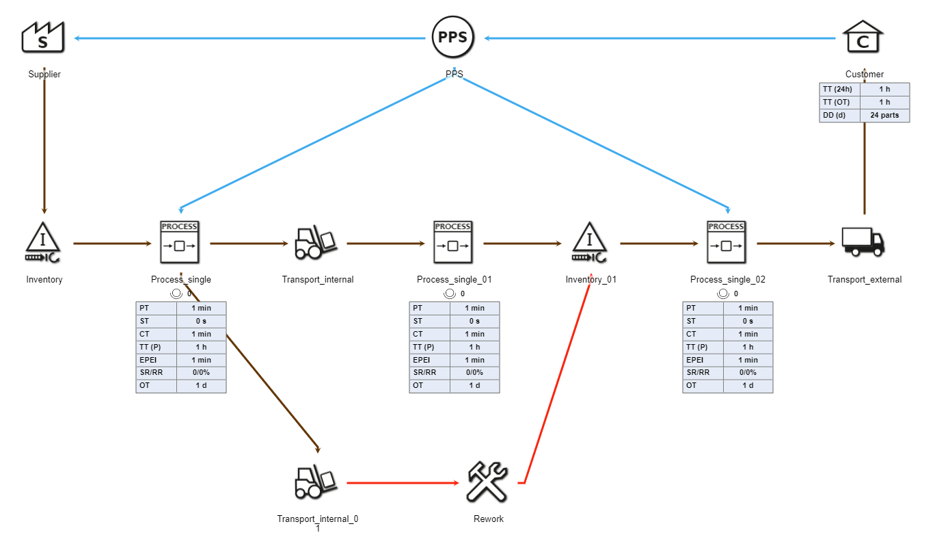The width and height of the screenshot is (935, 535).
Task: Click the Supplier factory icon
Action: pyautogui.click(x=43, y=38)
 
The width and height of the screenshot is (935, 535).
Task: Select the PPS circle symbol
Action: pyautogui.click(x=453, y=38)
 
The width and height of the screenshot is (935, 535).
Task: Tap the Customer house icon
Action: pyautogui.click(x=863, y=38)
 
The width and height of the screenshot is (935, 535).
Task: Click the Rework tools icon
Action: pyautogui.click(x=487, y=482)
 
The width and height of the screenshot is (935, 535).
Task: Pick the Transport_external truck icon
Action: pyautogui.click(x=863, y=243)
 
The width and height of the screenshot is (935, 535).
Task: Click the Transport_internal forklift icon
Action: pyautogui.click(x=316, y=243)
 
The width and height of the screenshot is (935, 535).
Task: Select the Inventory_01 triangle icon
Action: pyautogui.click(x=590, y=243)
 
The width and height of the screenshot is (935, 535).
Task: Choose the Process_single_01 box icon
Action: pyautogui.click(x=453, y=243)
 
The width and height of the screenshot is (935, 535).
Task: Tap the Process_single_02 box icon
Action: pyautogui.click(x=727, y=243)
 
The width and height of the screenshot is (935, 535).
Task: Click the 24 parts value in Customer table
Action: pyautogui.click(x=884, y=116)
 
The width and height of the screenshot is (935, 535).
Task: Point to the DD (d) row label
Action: pyautogui.click(x=839, y=116)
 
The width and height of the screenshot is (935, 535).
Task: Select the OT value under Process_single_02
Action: pyautogui.click(x=748, y=386)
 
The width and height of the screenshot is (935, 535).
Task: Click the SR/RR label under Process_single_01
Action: pyautogui.click(x=429, y=373)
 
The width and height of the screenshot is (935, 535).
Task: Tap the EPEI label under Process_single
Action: pyautogui.click(x=156, y=360)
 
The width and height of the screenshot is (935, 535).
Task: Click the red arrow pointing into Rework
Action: pyautogui.click(x=403, y=483)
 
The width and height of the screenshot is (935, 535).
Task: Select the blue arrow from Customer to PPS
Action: pyautogui.click(x=656, y=38)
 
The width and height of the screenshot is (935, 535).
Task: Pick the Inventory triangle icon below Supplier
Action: pyautogui.click(x=43, y=243)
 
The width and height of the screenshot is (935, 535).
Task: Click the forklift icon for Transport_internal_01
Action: pyautogui.click(x=316, y=482)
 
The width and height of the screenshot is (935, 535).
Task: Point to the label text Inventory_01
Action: pyautogui.click(x=591, y=280)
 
